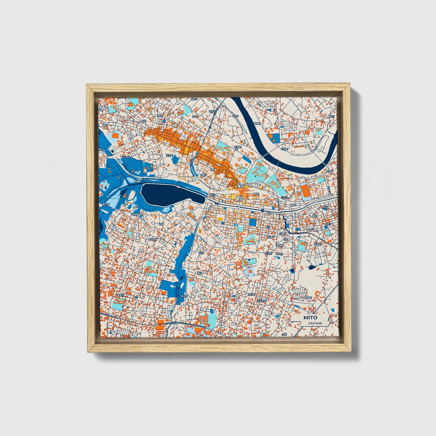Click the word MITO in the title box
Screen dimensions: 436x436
pyautogui.click(x=310, y=318)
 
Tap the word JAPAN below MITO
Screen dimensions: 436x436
pyautogui.click(x=315, y=323)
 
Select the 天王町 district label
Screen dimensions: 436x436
pyautogui.click(x=170, y=156)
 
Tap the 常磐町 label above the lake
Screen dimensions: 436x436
pyautogui.click(x=137, y=182)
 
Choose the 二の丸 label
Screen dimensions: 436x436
pyautogui.click(x=285, y=197)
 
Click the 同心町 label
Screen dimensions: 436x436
pyautogui.click(x=251, y=294)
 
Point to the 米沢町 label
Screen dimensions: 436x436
pyautogui.click(x=184, y=296)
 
